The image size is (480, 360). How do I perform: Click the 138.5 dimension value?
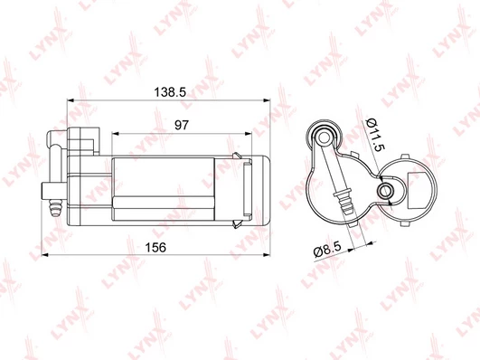[x=170, y=92]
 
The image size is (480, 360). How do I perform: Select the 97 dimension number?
[x=182, y=125]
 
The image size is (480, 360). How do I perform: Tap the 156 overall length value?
[x=155, y=247]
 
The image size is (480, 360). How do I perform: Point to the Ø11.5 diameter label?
[x=375, y=134]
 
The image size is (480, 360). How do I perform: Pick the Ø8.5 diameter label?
[x=327, y=251]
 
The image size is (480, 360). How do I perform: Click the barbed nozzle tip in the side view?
[x=55, y=208]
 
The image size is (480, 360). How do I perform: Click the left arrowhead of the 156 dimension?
[x=45, y=254]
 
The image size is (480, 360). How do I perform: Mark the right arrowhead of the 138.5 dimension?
[x=267, y=100]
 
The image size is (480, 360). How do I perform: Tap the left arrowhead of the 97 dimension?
[x=116, y=133]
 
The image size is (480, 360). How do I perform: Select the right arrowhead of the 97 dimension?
[x=248, y=133]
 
